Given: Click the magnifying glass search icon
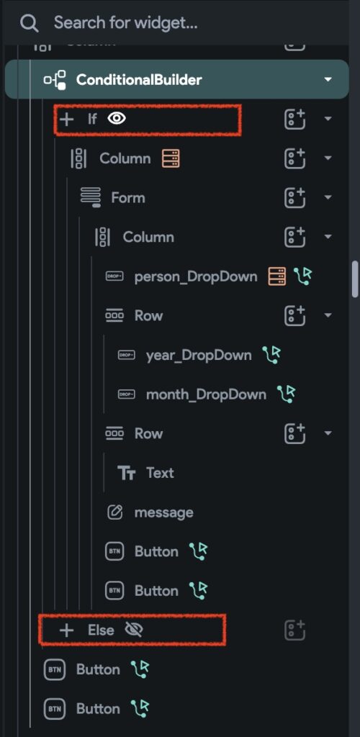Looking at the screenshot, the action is (x=29, y=22).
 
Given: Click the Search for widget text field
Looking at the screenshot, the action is (x=125, y=22).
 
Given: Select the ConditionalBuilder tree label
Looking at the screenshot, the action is (x=139, y=79).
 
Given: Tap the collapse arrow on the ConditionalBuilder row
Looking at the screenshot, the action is (x=328, y=79).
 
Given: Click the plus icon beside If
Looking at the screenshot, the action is (x=67, y=119).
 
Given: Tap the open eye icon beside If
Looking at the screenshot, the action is (x=117, y=119).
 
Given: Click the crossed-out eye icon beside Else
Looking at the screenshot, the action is (x=135, y=629).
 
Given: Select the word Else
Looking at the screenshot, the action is (x=101, y=630).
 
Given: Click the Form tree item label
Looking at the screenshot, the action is (x=128, y=197).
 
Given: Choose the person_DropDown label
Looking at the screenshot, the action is (x=196, y=276).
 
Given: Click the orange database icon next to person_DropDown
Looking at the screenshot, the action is (x=277, y=276).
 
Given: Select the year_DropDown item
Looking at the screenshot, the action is (x=199, y=355).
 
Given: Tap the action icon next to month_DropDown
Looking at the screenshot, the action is (x=287, y=394).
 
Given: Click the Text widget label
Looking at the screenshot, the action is (x=160, y=472).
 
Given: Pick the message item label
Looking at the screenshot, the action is (x=163, y=512).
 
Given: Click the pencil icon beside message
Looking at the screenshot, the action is (x=114, y=512).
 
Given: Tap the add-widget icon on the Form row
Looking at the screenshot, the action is (x=294, y=197).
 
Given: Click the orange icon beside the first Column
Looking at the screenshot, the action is (x=171, y=158).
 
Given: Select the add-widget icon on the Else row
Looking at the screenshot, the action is (x=294, y=630).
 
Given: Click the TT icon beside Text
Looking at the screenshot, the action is (x=126, y=473).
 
